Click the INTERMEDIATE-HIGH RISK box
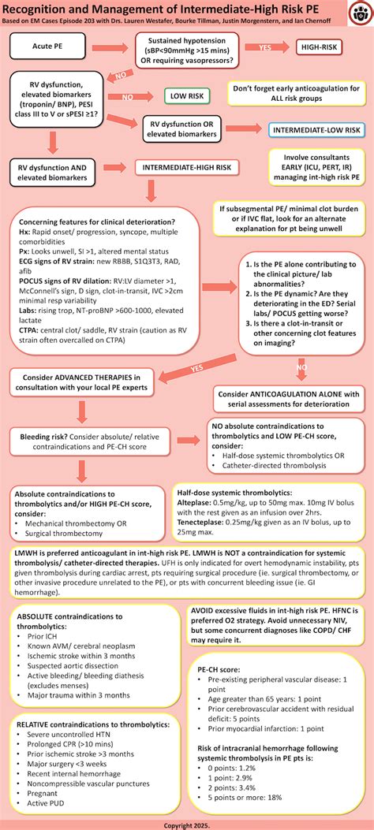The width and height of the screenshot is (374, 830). click(185, 167)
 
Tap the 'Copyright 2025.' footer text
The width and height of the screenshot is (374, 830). click(187, 824)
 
